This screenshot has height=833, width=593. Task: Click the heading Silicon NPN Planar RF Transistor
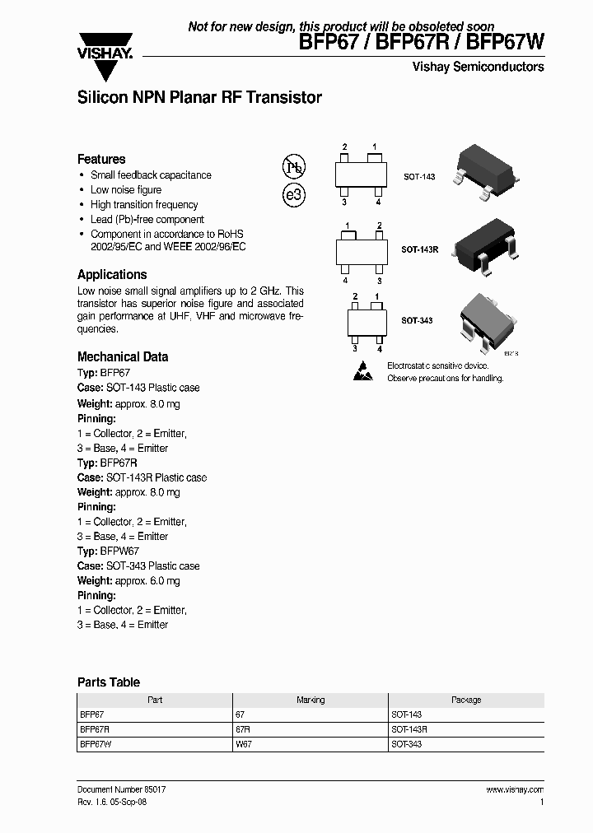pos(199,97)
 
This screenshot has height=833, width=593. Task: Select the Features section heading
pos(101,160)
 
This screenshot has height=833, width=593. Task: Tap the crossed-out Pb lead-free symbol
pos(293,167)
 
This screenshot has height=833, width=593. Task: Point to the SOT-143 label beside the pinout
pos(418,177)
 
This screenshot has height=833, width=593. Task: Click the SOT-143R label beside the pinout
pos(420,249)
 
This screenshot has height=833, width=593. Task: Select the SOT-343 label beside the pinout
pos(417,320)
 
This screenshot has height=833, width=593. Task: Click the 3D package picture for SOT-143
pos(487,170)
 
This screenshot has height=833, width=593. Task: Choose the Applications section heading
pos(112,275)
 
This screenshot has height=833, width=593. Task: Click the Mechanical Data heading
pos(123,357)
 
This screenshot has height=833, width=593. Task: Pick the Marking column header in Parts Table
pos(311,700)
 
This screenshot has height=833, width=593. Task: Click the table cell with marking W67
pos(245,743)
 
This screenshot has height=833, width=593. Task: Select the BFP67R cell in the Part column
pos(95,729)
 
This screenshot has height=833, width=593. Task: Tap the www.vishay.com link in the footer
pos(515,789)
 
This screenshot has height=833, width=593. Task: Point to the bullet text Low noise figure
pos(126,190)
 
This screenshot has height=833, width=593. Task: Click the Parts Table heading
pos(109,682)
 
